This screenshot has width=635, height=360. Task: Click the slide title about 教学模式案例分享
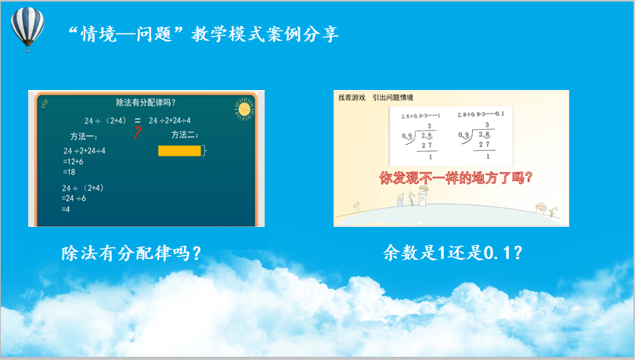tap(203, 34)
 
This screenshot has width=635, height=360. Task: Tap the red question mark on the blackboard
tap(137, 133)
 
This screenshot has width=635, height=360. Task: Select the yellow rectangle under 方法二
tap(179, 150)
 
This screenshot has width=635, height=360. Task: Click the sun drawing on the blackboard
tap(244, 110)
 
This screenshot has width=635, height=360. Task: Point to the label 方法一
tap(85, 135)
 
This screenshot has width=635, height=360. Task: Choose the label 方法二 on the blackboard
tap(184, 135)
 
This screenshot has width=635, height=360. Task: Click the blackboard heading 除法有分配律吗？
tap(145, 102)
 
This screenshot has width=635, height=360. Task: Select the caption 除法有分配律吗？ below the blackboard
tap(131, 253)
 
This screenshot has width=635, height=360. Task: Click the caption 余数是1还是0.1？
tap(453, 253)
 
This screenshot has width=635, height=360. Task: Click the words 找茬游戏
tap(352, 98)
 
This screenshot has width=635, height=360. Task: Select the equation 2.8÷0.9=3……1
tap(420, 115)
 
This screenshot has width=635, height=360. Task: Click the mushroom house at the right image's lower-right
tap(540, 208)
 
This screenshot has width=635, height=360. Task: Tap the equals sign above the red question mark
tap(137, 120)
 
